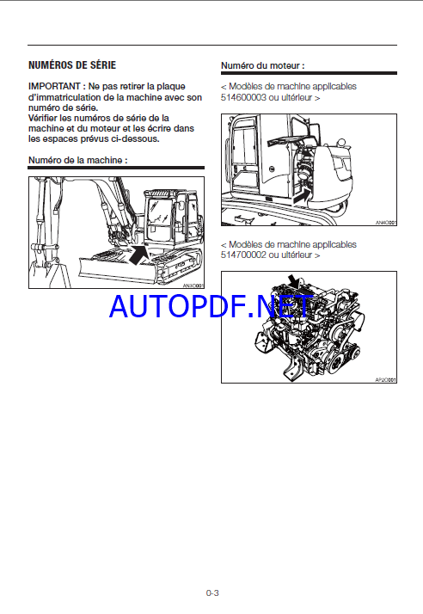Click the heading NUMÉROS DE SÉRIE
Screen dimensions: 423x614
[x=72, y=65]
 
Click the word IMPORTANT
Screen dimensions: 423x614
[x=54, y=86]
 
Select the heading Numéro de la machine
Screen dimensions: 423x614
[x=77, y=160]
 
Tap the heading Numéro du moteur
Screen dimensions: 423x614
[x=262, y=65]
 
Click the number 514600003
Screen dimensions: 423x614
[x=243, y=97]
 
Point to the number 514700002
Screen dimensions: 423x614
[x=243, y=255]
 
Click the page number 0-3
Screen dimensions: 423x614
[x=212, y=593]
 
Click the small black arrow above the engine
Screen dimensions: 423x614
[x=294, y=281]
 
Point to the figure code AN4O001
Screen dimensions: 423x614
[x=386, y=223]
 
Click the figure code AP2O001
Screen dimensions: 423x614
[x=386, y=380]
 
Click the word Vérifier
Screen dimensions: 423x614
[x=43, y=119]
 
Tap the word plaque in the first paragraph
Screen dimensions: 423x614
[x=171, y=87]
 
